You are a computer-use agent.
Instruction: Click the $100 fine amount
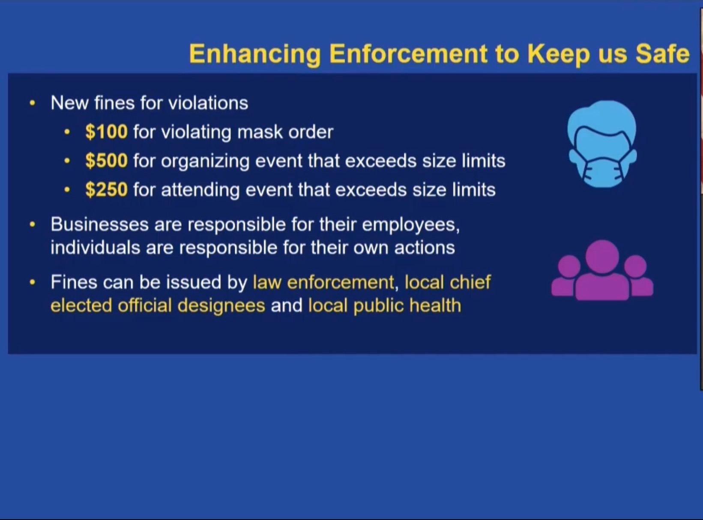(x=107, y=131)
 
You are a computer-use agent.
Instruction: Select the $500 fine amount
(x=107, y=160)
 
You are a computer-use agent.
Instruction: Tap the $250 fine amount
(x=107, y=189)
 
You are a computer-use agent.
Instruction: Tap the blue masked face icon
(x=602, y=144)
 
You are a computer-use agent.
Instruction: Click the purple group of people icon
(x=602, y=270)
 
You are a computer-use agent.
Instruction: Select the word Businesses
(x=99, y=224)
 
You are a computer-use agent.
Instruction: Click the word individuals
(x=96, y=247)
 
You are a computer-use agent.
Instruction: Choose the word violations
(x=208, y=103)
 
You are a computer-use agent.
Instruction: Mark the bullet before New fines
(x=32, y=103)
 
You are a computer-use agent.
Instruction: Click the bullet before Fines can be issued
(x=32, y=282)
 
